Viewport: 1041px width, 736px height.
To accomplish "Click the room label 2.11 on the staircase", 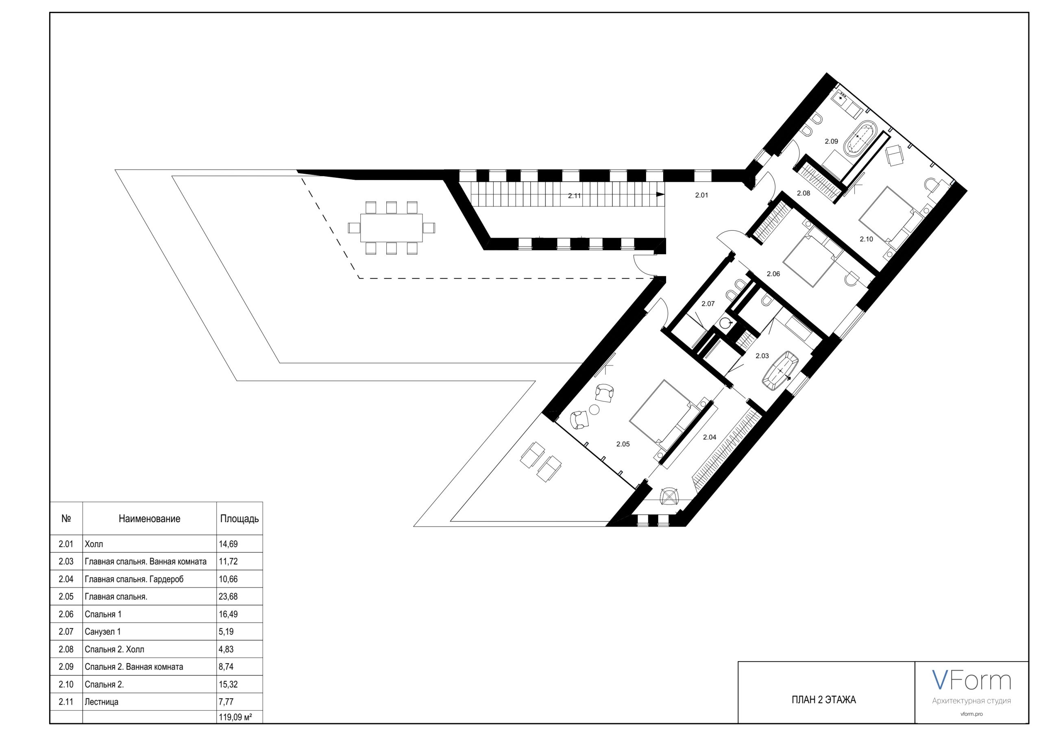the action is coord(575,196).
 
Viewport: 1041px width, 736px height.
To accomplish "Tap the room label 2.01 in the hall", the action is coord(701,196).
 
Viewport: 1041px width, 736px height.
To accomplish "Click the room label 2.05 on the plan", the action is coord(623,444).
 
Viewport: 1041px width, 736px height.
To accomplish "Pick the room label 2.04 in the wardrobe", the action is coord(710,437).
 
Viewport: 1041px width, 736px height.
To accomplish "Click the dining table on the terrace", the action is coord(391,228).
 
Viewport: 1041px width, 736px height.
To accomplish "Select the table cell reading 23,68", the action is coord(228,597).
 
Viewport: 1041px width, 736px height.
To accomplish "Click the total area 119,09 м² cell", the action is coord(235,717).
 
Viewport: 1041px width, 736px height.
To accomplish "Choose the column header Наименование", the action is coord(150,519).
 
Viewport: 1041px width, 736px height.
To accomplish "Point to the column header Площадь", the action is coord(240,519).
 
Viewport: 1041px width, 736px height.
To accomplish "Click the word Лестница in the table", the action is coord(102,702).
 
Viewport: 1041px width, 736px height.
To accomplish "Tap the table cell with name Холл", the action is coord(94,544).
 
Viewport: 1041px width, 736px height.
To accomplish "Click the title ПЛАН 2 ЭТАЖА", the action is coord(824,700).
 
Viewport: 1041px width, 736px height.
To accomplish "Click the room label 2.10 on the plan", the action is coord(867,239).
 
